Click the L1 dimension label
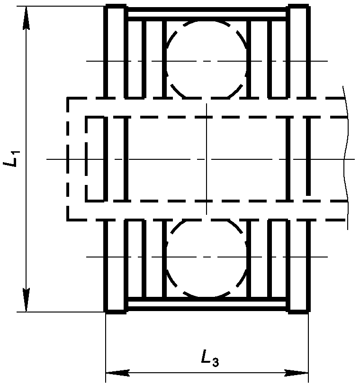point(11,159)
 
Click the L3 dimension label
point(210,358)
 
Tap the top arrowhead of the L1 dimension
point(26,18)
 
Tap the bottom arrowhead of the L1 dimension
point(26,300)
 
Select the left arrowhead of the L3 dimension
point(117,373)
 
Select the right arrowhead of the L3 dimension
point(297,373)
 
